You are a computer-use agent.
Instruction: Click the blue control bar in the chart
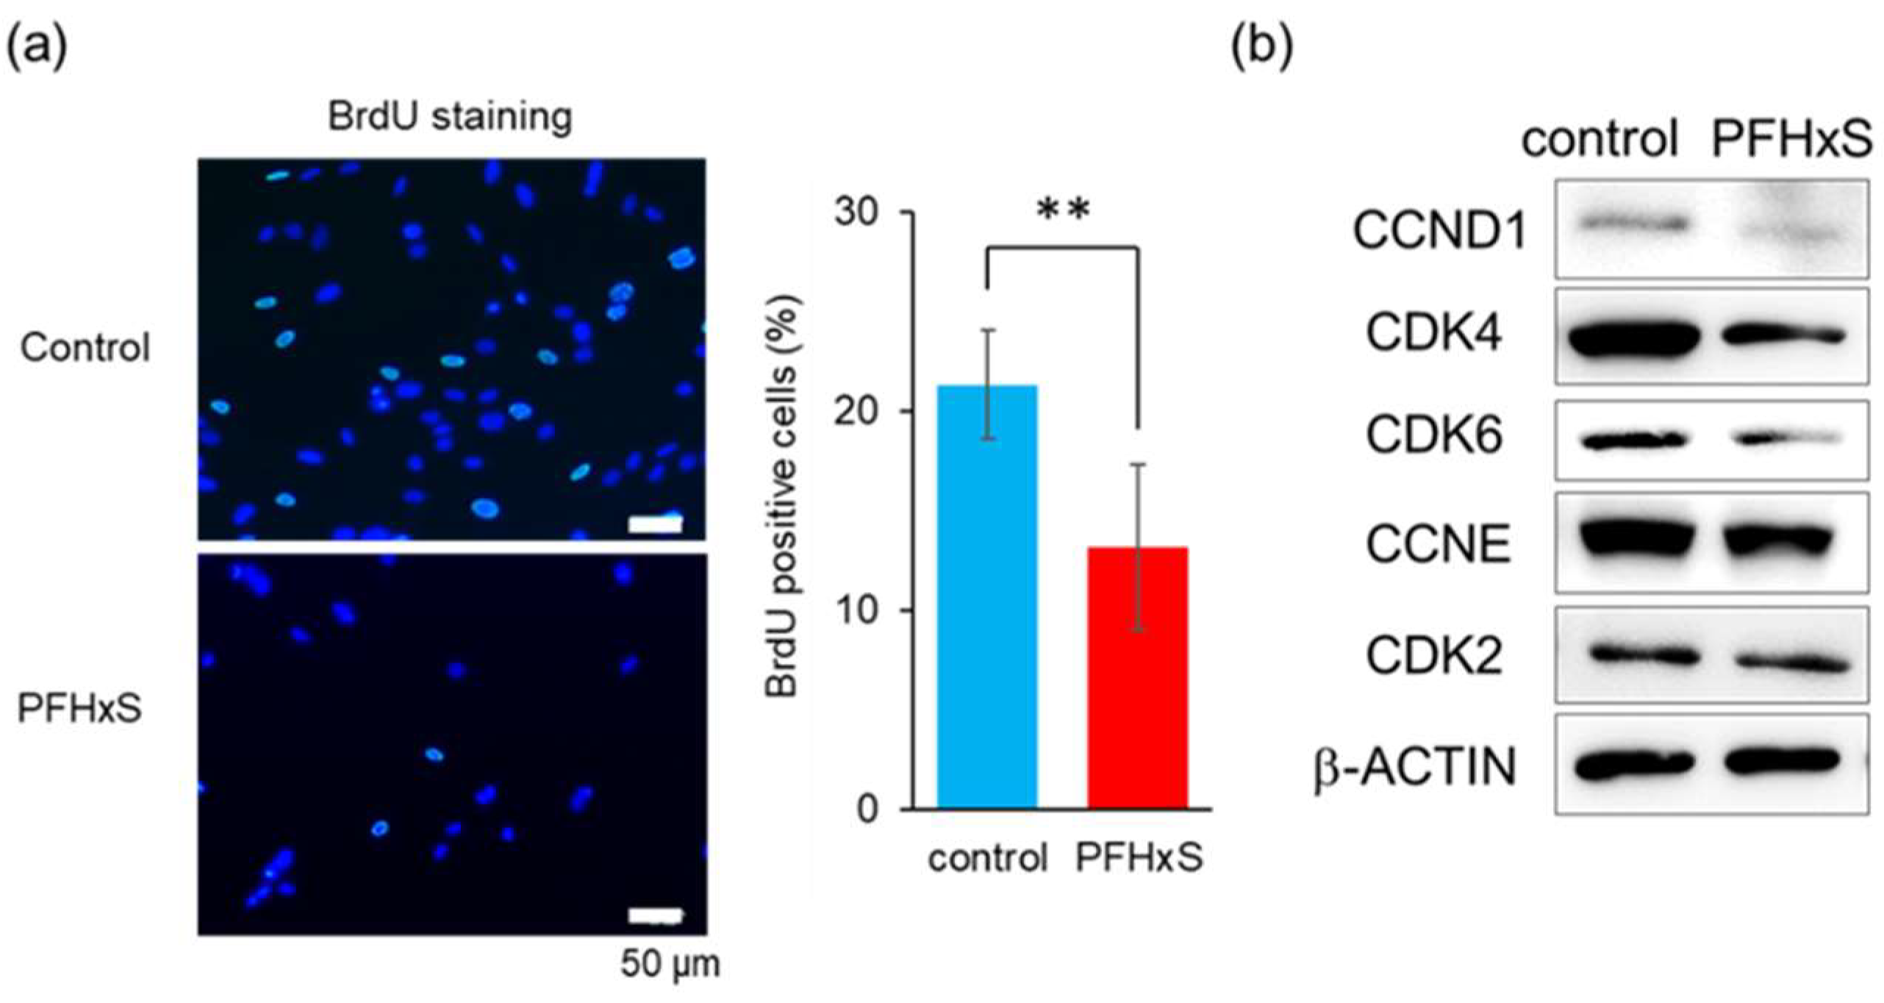click(986, 596)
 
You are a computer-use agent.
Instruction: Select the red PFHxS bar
click(1137, 677)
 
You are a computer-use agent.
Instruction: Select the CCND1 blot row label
click(1439, 231)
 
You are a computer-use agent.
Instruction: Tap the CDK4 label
click(1433, 334)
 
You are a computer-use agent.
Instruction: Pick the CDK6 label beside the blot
click(1433, 436)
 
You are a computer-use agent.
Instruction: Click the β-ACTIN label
click(1416, 766)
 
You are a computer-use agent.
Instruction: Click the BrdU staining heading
click(450, 116)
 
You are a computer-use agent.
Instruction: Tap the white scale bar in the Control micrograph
click(655, 524)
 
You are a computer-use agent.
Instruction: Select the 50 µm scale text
click(670, 964)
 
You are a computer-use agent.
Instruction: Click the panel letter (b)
click(1261, 47)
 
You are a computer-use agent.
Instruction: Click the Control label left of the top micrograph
click(85, 347)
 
